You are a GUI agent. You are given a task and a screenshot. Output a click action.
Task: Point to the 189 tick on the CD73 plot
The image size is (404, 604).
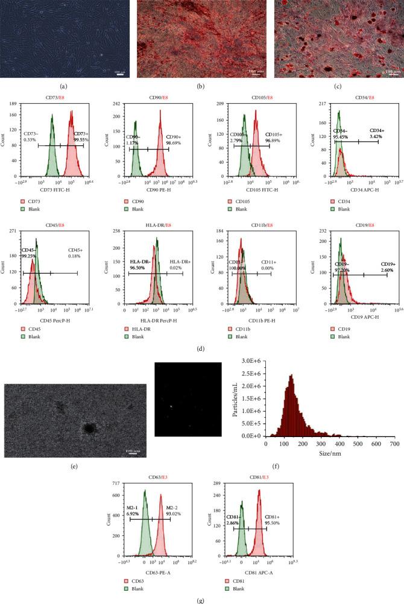pyautogui.click(x=15, y=104)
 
